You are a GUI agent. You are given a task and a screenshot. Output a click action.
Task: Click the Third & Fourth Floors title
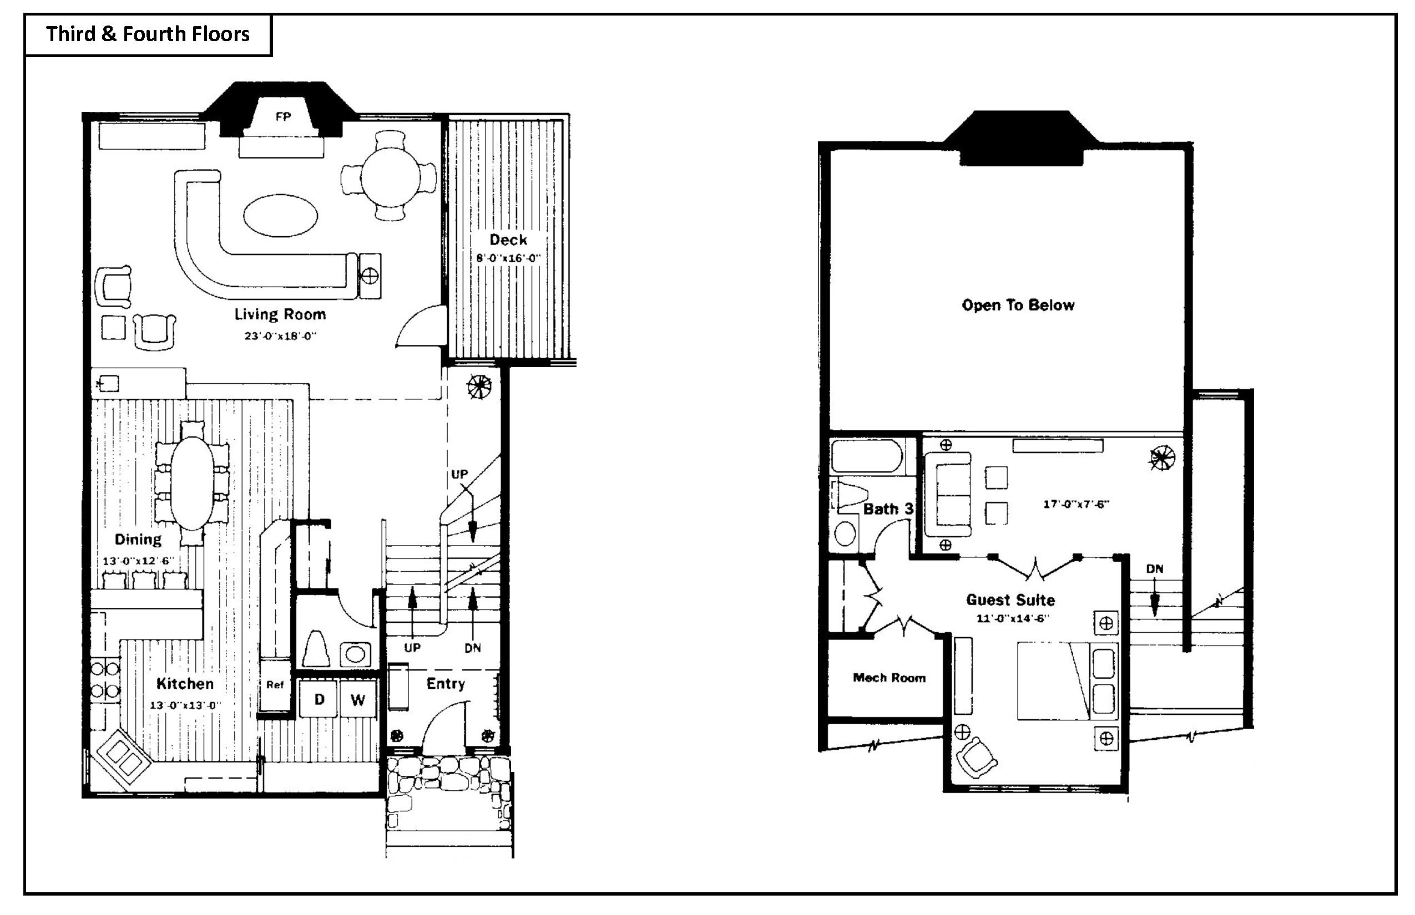click(x=148, y=34)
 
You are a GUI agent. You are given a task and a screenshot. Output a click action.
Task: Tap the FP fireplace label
click(x=283, y=117)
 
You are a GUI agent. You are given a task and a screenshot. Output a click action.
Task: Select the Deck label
click(x=508, y=240)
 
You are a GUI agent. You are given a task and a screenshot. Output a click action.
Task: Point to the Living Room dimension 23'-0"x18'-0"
click(x=280, y=335)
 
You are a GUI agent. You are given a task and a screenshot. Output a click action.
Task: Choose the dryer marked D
click(x=319, y=699)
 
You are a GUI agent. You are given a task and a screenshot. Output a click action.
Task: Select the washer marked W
click(x=357, y=699)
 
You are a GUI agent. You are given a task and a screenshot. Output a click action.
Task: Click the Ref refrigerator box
click(x=275, y=684)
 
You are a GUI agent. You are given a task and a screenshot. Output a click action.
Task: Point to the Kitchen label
click(x=185, y=683)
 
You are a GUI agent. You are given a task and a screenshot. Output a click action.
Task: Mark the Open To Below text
click(x=1018, y=305)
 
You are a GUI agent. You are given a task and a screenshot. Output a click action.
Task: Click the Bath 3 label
click(x=888, y=509)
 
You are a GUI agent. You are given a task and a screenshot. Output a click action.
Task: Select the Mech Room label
click(x=889, y=678)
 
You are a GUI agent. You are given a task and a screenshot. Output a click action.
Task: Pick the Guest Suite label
click(x=1010, y=599)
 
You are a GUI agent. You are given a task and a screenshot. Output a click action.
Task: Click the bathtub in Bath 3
click(x=867, y=456)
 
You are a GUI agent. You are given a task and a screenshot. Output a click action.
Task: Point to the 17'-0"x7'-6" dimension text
click(x=1076, y=505)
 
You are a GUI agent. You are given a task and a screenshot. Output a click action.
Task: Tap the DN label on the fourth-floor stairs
click(x=1155, y=568)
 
